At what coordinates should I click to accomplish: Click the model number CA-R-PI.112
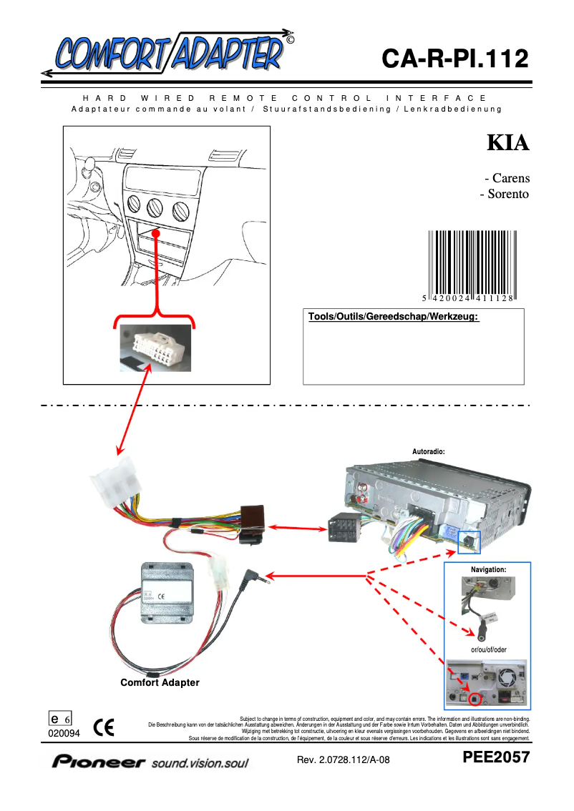tap(455, 59)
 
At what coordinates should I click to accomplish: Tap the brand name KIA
tap(508, 143)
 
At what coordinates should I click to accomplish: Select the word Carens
tap(510, 179)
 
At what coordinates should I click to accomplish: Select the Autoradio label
tap(429, 452)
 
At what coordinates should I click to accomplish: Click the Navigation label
tap(488, 569)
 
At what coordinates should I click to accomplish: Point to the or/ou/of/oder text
tap(488, 650)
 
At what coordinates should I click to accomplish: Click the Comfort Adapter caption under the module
tap(160, 683)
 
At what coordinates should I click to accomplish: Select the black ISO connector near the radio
tap(348, 530)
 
